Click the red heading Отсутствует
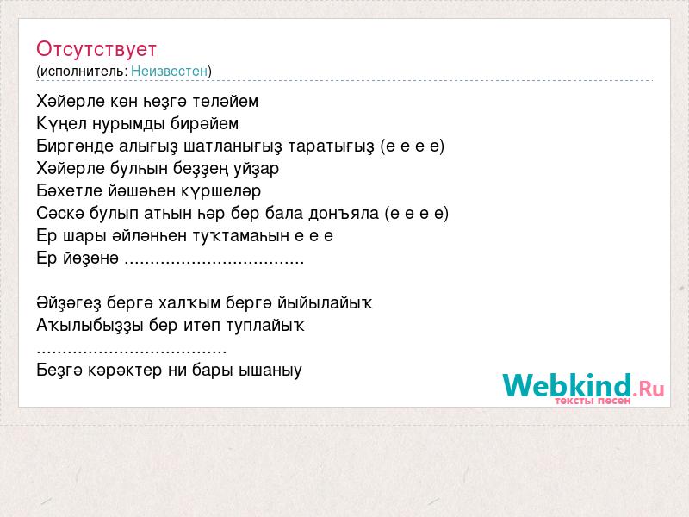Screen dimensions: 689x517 96,49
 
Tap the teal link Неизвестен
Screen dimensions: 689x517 169,71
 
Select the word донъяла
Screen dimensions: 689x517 344,213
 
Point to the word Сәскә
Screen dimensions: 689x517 60,213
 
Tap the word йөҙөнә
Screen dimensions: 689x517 91,258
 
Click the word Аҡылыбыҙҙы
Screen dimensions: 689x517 90,326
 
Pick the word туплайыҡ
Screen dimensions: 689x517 265,326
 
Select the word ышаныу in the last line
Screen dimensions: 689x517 270,371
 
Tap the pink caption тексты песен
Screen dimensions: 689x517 593,401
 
